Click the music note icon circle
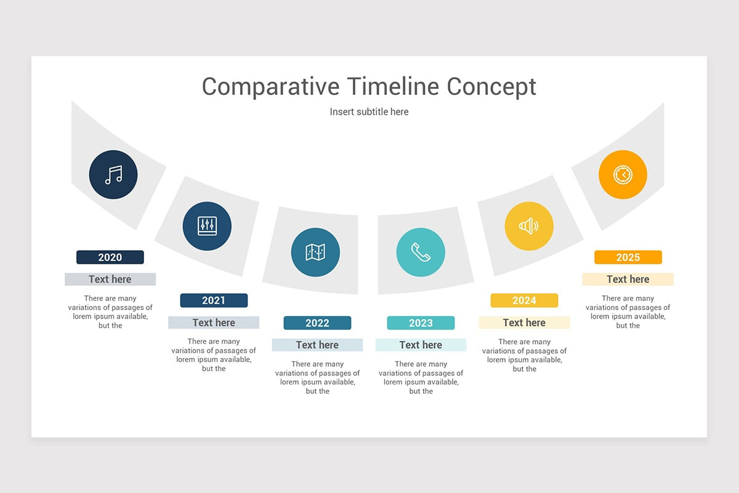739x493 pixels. (x=113, y=174)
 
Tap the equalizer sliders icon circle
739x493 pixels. (x=207, y=226)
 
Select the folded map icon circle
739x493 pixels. (x=315, y=252)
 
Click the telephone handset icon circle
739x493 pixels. (x=421, y=252)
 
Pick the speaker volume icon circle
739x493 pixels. (x=529, y=226)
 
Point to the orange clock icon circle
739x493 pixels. (x=623, y=174)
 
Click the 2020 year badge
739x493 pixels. (x=110, y=257)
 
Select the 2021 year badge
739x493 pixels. (x=214, y=300)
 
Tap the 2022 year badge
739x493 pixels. (x=317, y=323)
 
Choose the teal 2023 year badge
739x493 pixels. (x=421, y=323)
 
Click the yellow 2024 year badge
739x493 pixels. (x=524, y=300)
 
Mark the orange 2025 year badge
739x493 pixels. (x=628, y=257)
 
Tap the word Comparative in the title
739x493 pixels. (x=270, y=86)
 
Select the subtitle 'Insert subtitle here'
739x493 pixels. (x=369, y=112)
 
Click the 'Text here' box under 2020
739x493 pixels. (x=110, y=279)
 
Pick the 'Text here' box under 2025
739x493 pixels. (x=628, y=279)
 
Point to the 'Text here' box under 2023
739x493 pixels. (x=421, y=345)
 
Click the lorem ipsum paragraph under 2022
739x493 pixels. (x=317, y=377)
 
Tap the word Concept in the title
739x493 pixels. (x=491, y=86)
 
